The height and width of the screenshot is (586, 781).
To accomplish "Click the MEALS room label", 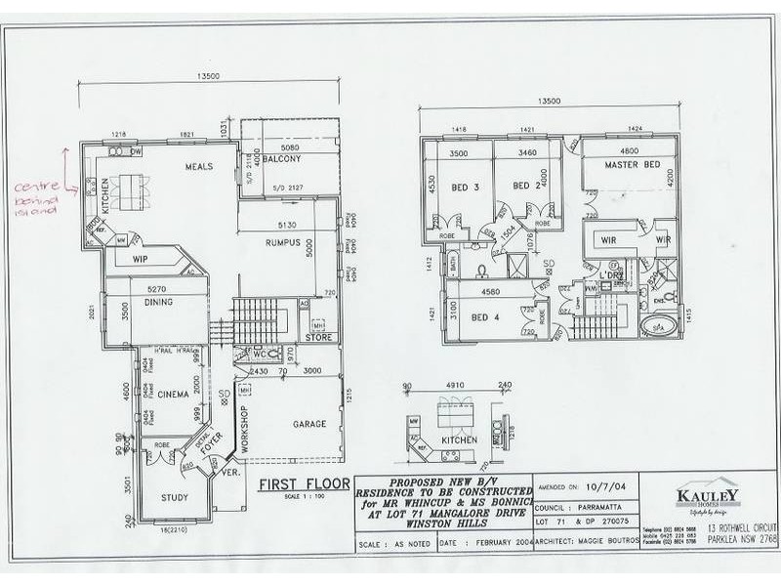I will [200, 167].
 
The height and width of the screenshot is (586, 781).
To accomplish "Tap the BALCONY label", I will [280, 158].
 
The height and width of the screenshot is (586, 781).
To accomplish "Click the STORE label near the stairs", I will [318, 338].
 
